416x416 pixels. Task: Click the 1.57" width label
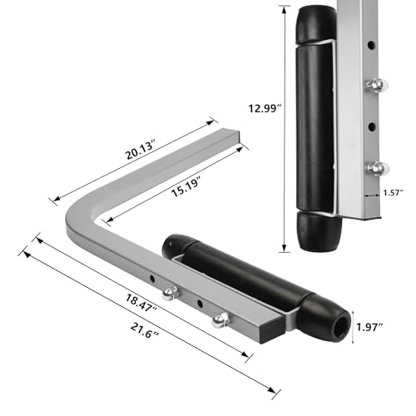coord(394,193)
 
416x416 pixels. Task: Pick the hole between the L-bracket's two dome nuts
coord(201,303)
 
